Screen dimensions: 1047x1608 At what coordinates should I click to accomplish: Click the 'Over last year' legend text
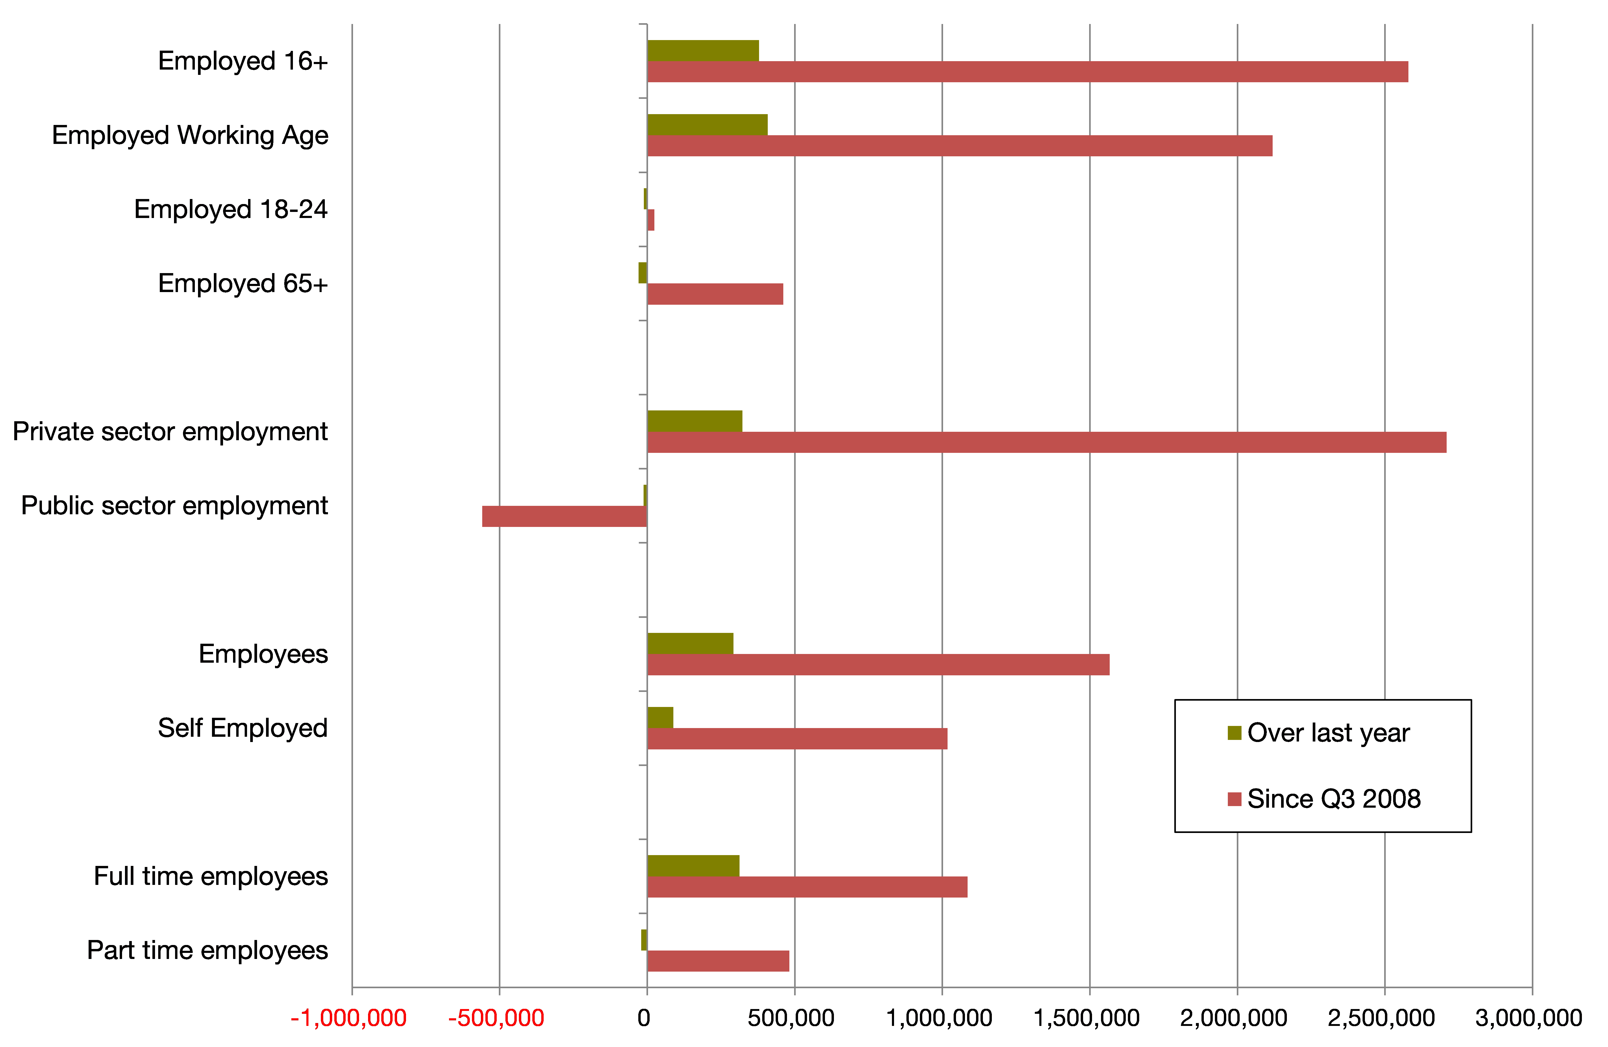(x=1328, y=733)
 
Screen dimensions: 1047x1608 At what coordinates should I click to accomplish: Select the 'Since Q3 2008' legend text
(x=1334, y=799)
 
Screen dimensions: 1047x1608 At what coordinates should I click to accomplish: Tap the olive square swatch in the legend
(x=1234, y=733)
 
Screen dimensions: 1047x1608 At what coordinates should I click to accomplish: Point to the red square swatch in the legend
(x=1234, y=799)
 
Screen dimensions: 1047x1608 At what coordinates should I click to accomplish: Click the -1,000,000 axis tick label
(x=349, y=1018)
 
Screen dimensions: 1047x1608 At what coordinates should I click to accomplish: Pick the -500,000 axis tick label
(x=496, y=1018)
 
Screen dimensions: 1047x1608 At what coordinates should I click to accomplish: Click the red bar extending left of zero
(x=564, y=516)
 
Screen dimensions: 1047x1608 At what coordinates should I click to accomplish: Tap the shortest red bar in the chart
(x=651, y=220)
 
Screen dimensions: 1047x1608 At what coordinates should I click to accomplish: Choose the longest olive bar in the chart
(x=707, y=125)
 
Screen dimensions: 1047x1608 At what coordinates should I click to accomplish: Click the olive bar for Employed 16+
(x=703, y=51)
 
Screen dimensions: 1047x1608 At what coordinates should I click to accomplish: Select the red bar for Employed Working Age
(x=959, y=146)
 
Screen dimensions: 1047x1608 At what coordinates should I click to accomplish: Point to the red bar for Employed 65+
(x=715, y=294)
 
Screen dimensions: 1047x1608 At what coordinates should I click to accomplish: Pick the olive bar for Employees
(x=690, y=644)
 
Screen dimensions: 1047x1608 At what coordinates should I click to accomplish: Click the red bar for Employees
(x=878, y=665)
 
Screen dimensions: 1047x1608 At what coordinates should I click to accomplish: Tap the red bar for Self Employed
(x=797, y=739)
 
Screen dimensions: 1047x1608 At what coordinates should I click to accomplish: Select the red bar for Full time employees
(x=807, y=887)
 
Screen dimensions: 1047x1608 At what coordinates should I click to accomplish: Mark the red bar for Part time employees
(x=718, y=961)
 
